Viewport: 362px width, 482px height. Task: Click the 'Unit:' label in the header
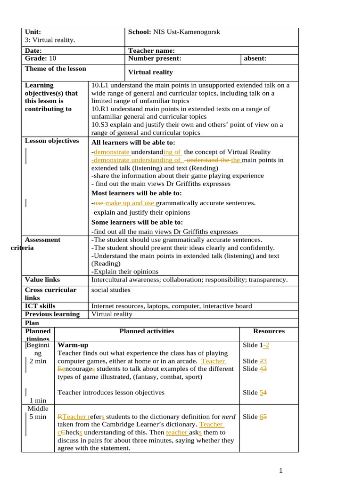[33, 32]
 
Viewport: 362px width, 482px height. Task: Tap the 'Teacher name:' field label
[151, 50]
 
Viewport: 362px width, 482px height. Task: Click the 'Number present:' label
[155, 58]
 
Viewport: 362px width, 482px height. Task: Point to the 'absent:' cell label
[255, 58]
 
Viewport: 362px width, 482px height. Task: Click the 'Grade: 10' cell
[41, 58]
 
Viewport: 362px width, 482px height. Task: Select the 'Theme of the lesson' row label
[56, 69]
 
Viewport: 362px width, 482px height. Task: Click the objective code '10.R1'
[101, 109]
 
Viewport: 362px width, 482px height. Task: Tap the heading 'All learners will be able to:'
[133, 142]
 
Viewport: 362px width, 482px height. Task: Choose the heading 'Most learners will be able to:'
[136, 193]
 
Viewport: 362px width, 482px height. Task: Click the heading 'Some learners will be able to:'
[137, 222]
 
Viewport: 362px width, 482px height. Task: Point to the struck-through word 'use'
[99, 203]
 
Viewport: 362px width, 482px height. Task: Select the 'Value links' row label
[42, 280]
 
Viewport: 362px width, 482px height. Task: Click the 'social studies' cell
[110, 290]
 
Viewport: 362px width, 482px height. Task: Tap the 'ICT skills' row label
[40, 306]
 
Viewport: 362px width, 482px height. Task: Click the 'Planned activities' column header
[147, 331]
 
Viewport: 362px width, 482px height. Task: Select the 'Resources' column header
[269, 331]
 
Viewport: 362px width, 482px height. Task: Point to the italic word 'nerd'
[229, 417]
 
